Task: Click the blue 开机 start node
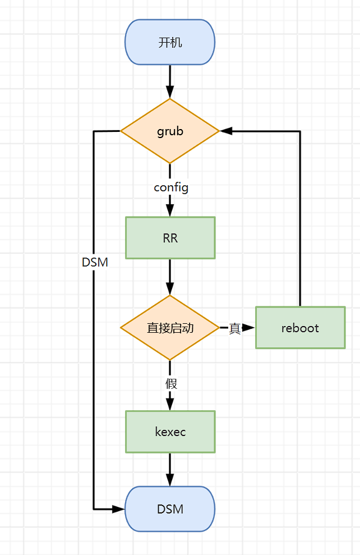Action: (x=170, y=43)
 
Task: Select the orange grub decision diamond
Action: (x=170, y=131)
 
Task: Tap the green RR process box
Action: (x=170, y=238)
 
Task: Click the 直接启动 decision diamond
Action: (x=170, y=328)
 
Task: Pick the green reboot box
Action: (x=300, y=328)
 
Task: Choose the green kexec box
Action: (x=170, y=432)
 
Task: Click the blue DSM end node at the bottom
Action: (x=170, y=509)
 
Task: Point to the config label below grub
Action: (x=171, y=187)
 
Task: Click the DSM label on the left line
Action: (x=95, y=262)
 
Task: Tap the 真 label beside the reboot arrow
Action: (x=234, y=328)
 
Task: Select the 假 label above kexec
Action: (x=171, y=384)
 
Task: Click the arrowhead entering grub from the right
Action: (x=226, y=131)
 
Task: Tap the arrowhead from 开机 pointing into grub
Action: (x=170, y=93)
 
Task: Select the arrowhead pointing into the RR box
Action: (x=170, y=211)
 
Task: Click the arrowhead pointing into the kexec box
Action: (x=170, y=405)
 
